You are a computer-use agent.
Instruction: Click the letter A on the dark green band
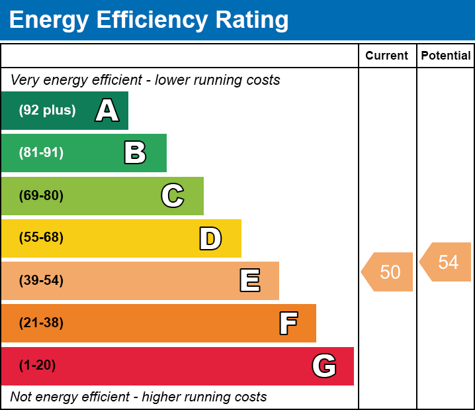click(107, 111)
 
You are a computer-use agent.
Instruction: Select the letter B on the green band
click(135, 153)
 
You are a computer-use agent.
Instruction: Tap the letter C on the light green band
click(173, 195)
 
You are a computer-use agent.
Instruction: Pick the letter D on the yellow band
click(210, 238)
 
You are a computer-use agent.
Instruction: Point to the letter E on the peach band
click(249, 281)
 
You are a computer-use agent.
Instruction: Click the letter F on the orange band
click(288, 323)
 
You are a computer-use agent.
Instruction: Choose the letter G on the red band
click(324, 366)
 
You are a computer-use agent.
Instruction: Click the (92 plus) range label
click(47, 111)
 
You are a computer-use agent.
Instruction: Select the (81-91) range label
click(41, 153)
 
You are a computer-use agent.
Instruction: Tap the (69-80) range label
click(41, 195)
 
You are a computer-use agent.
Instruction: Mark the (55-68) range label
click(41, 238)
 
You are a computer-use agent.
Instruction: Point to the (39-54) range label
click(41, 281)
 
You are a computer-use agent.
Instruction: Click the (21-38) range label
click(41, 323)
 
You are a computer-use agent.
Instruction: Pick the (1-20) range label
click(38, 366)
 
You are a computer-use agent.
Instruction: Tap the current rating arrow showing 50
click(388, 272)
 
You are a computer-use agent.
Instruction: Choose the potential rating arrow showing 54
click(447, 262)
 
